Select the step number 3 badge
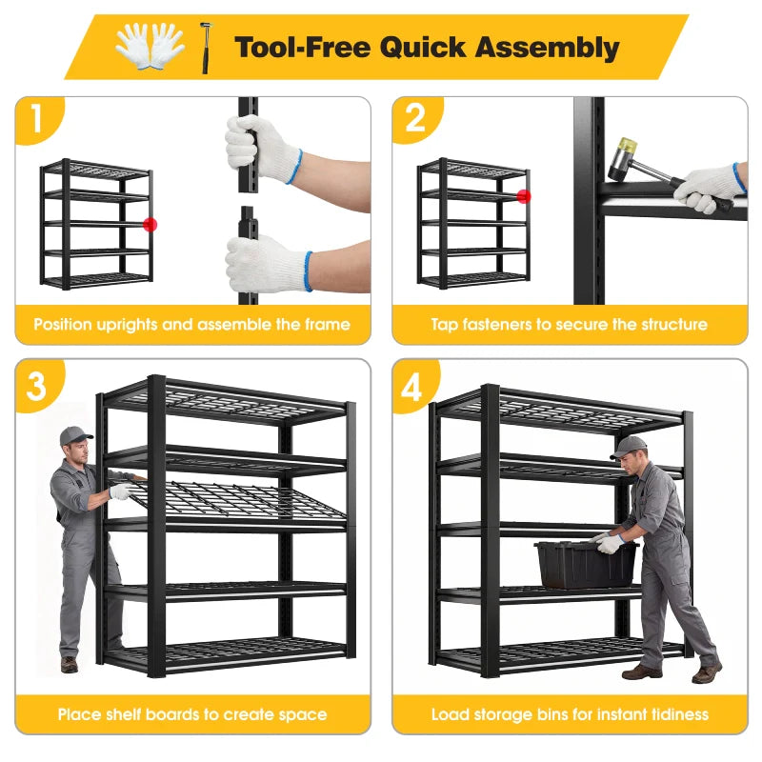pyautogui.click(x=36, y=386)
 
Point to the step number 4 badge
pyautogui.click(x=412, y=387)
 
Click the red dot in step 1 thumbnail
pyautogui.click(x=150, y=225)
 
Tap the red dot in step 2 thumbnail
pyautogui.click(x=523, y=196)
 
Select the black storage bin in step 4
pyautogui.click(x=585, y=563)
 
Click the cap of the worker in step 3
pyautogui.click(x=75, y=435)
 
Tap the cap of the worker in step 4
pyautogui.click(x=628, y=445)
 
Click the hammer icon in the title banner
pyautogui.click(x=205, y=46)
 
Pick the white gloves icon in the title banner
pyautogui.click(x=150, y=44)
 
